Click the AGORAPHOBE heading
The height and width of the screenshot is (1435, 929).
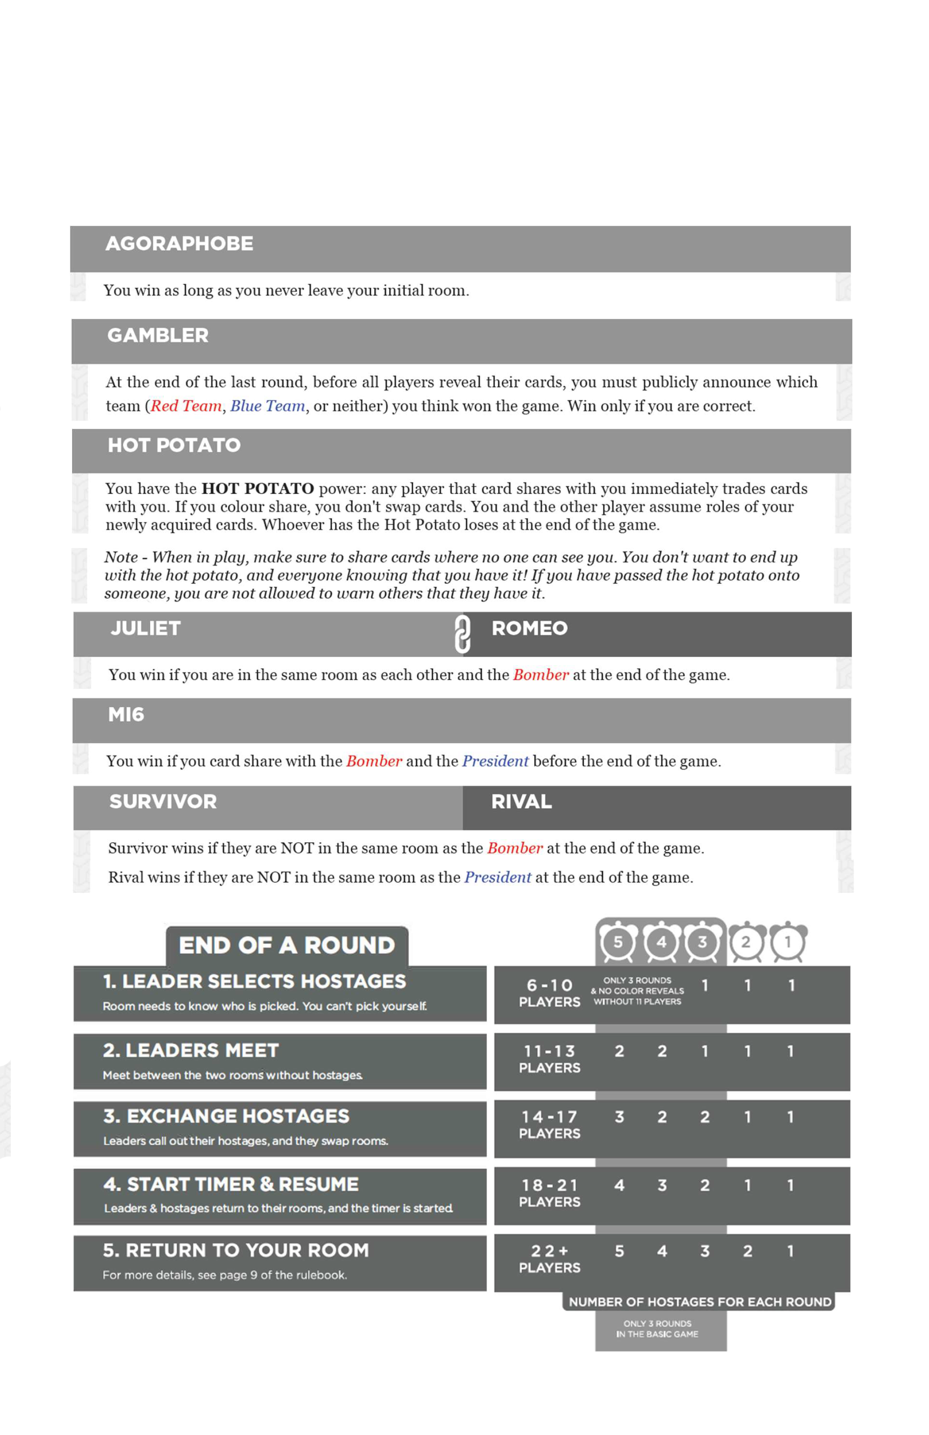tap(179, 244)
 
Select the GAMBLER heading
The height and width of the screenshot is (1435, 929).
tap(157, 335)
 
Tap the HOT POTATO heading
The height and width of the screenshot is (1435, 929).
tap(174, 445)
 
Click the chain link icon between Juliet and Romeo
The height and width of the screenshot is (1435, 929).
tap(462, 634)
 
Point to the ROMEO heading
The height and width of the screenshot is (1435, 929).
tap(529, 628)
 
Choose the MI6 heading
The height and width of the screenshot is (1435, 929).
tap(126, 714)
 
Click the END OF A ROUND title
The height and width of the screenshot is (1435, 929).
tap(287, 945)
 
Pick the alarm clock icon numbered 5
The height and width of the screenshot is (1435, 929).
tap(618, 942)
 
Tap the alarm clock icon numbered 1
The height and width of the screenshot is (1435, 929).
tap(787, 942)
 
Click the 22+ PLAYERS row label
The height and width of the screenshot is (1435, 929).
tap(550, 1260)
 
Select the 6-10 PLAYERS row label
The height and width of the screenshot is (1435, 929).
tap(550, 993)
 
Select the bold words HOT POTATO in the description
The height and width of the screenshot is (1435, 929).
tap(257, 488)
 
